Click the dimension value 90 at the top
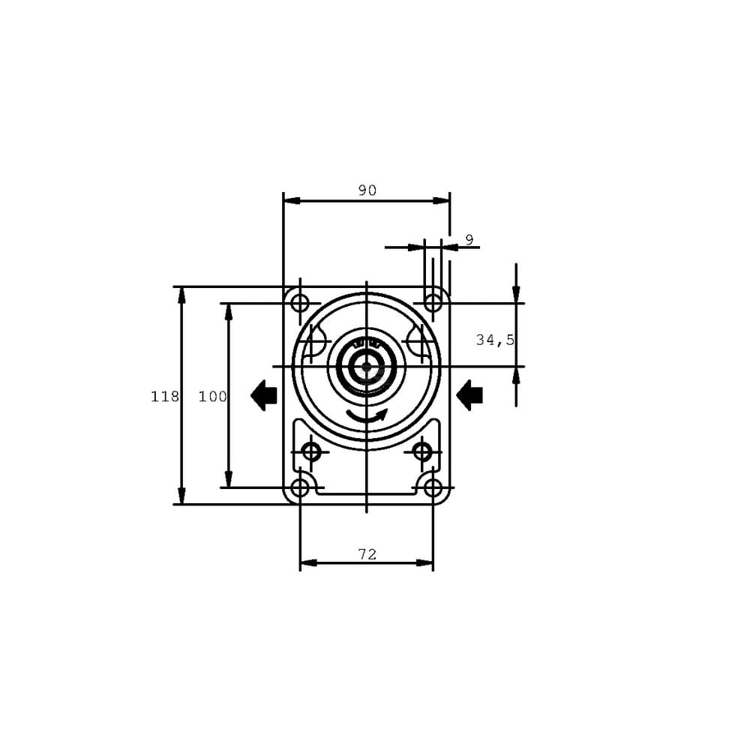coord(367,190)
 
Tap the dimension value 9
coord(469,240)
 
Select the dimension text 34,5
coord(495,340)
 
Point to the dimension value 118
coord(165,397)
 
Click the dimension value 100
coord(213,397)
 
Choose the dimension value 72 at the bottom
coord(367,554)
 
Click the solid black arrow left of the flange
coord(264,395)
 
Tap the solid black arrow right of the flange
coord(469,395)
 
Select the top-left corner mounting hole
coord(300,303)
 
